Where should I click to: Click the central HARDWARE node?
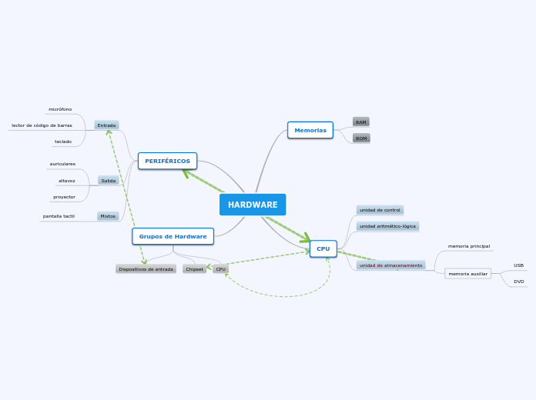tap(253, 205)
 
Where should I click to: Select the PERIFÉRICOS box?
tap(167, 161)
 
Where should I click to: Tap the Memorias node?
tap(310, 130)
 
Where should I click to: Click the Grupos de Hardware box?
tap(173, 236)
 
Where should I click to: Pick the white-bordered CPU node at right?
tap(323, 248)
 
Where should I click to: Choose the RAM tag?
tap(361, 122)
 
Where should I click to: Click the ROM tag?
tap(361, 138)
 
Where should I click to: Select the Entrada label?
tap(106, 125)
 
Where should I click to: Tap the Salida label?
tap(109, 181)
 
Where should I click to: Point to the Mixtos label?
tap(108, 216)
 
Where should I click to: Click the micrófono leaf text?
tap(60, 109)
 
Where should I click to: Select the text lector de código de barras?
tap(42, 125)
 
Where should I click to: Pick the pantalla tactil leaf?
tap(59, 216)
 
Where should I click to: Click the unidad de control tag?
tap(380, 210)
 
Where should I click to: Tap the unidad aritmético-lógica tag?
tap(387, 226)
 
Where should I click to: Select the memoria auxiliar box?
tap(468, 274)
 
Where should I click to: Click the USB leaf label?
tap(518, 265)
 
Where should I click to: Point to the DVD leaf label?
tap(518, 282)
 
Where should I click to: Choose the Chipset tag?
tap(194, 269)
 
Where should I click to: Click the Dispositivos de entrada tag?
tap(146, 269)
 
